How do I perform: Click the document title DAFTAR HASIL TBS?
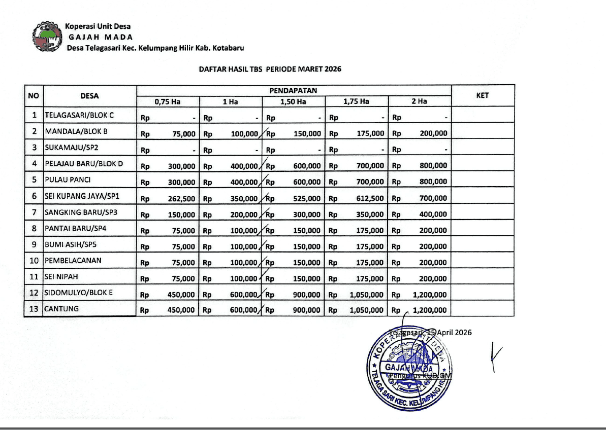pyautogui.click(x=270, y=69)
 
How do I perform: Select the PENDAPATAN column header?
pyautogui.click(x=293, y=90)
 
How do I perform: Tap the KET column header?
pyautogui.click(x=483, y=95)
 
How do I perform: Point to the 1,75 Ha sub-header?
pyautogui.click(x=356, y=101)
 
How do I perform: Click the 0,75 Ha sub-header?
pyautogui.click(x=168, y=101)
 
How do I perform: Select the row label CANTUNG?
pyautogui.click(x=61, y=308)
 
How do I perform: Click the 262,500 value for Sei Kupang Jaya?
pyautogui.click(x=181, y=198)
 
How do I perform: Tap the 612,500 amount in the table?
pyautogui.click(x=370, y=198)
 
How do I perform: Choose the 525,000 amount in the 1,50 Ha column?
pyautogui.click(x=307, y=198)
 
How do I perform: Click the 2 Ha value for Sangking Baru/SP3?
pyautogui.click(x=433, y=214)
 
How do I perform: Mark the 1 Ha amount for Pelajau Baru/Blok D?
pyautogui.click(x=244, y=166)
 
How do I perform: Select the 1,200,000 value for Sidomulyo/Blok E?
pyautogui.click(x=430, y=295)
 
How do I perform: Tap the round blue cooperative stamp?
pyautogui.click(x=409, y=366)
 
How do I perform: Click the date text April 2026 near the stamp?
pyautogui.click(x=455, y=333)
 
